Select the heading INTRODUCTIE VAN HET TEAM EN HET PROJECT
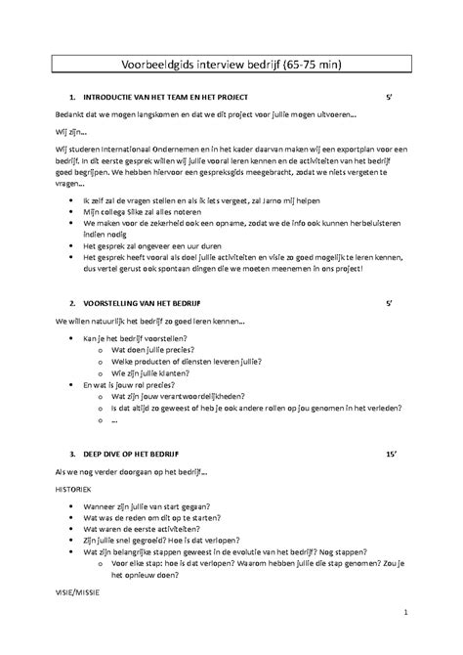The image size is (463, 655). coord(166,99)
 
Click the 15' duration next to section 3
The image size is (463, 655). coord(391,455)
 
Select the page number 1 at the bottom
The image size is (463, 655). coord(404,613)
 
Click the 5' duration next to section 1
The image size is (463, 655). coord(390,99)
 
